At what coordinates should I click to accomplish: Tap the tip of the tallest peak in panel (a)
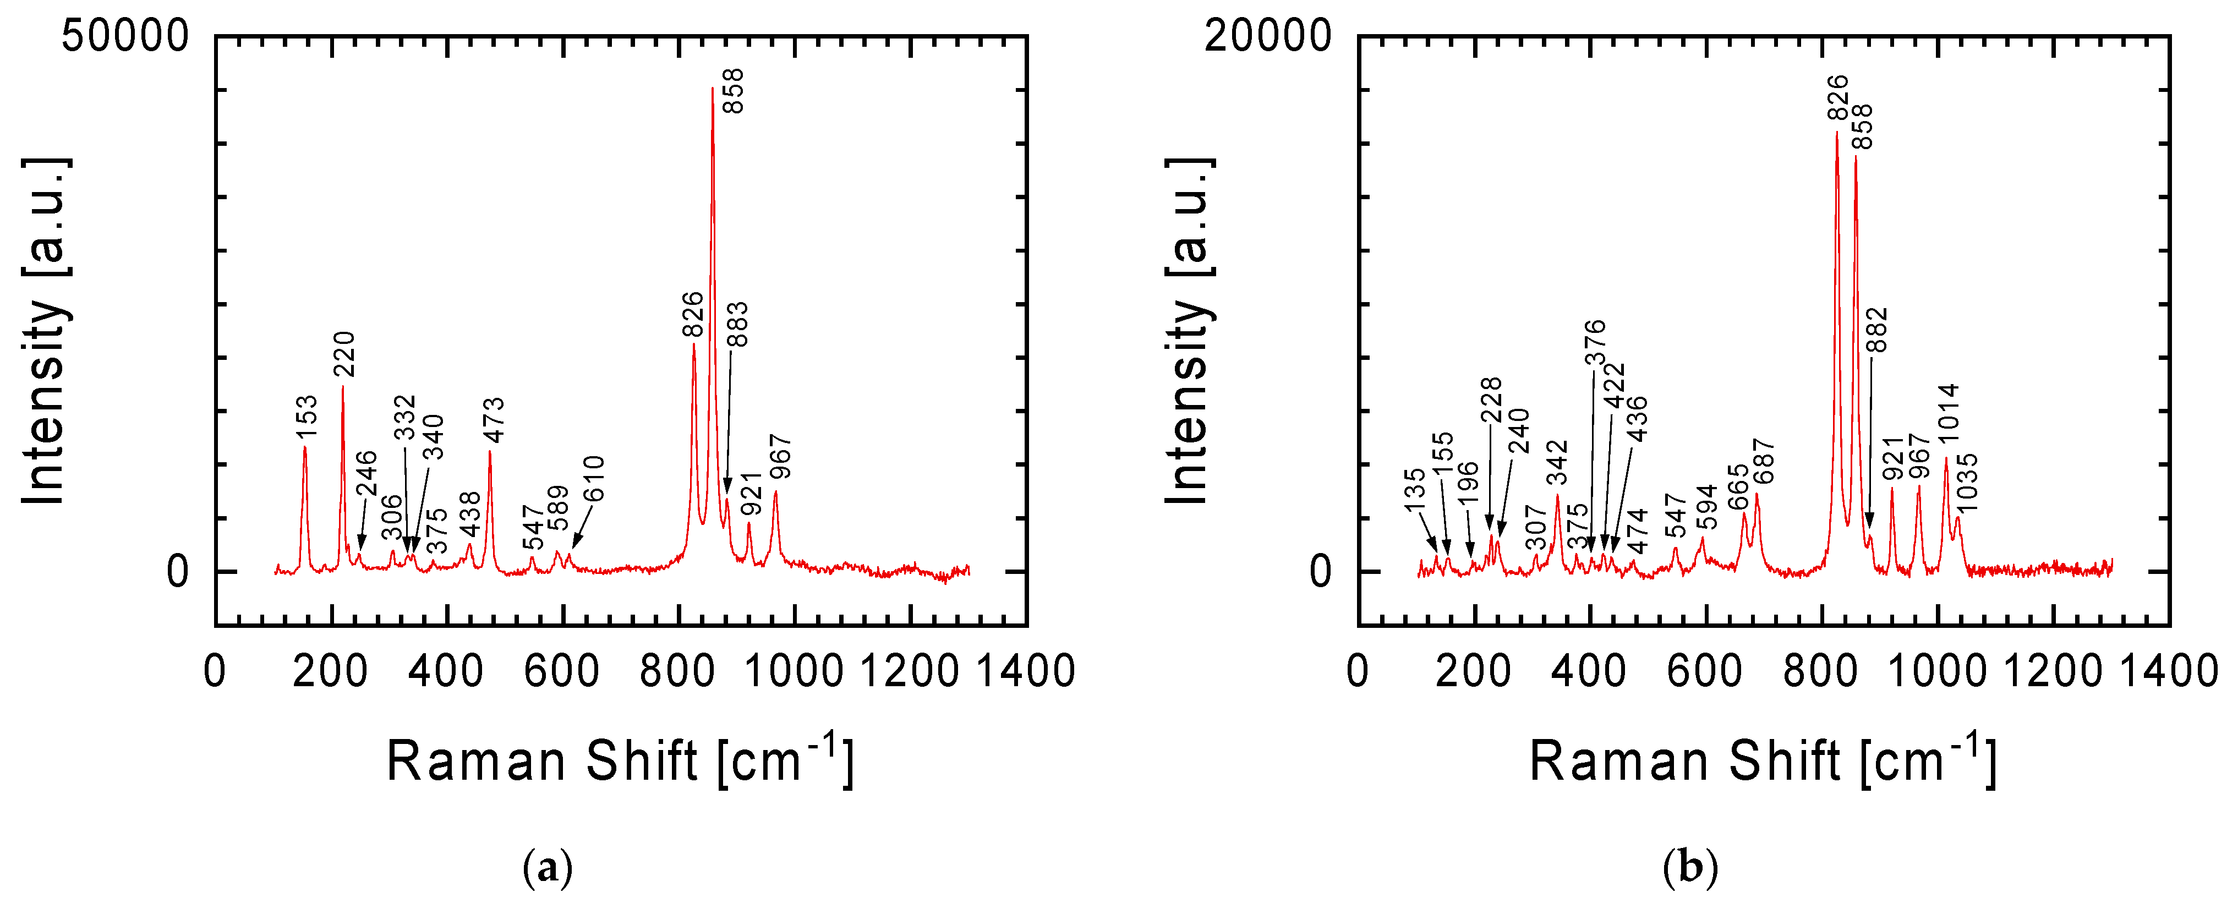[713, 88]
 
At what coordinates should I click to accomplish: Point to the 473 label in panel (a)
[493, 419]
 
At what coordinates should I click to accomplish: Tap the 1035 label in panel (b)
[1967, 482]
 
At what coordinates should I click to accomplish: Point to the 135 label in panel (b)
[1414, 490]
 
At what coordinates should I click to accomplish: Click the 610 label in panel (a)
[593, 479]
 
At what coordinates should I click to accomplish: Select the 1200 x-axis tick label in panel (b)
[2053, 671]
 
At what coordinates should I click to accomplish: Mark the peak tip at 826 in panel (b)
[1837, 132]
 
